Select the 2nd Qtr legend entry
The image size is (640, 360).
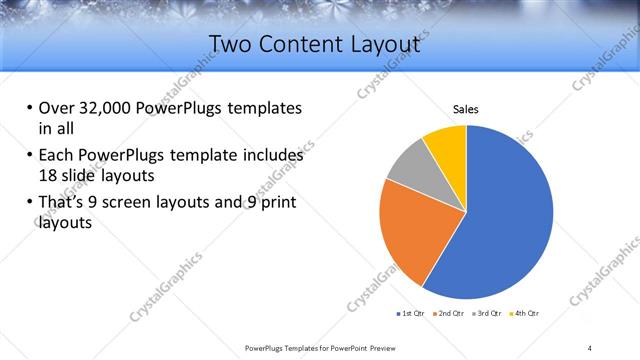[x=449, y=314]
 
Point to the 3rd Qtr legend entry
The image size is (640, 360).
[x=488, y=314]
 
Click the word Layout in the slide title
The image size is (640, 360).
[x=384, y=43]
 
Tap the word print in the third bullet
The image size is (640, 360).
[x=277, y=204]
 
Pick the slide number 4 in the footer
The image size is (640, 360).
[x=589, y=347]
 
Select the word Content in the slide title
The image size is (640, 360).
[x=304, y=43]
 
